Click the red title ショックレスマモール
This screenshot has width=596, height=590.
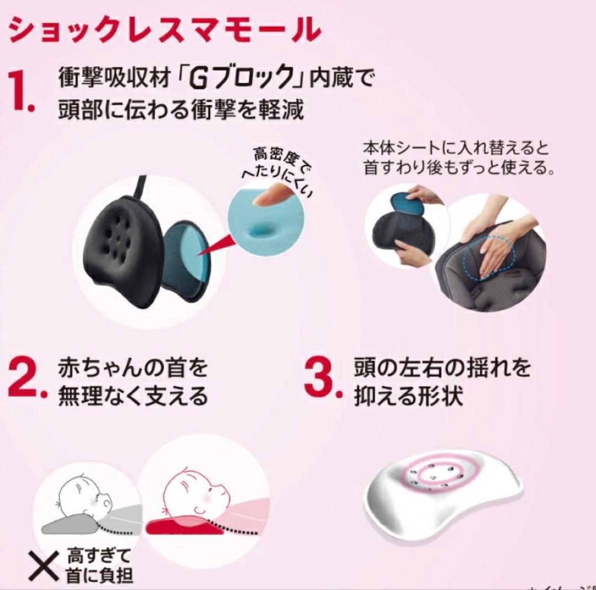pyautogui.click(x=164, y=30)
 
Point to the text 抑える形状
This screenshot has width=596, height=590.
pyautogui.click(x=407, y=396)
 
